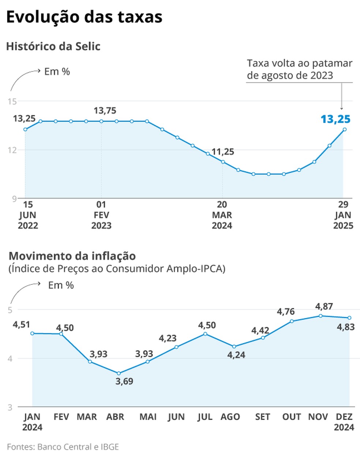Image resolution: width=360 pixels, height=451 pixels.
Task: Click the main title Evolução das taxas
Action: (x=84, y=17)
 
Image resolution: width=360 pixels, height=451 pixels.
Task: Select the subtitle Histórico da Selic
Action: (x=53, y=46)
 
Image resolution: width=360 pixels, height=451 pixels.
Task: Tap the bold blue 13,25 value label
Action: (x=335, y=119)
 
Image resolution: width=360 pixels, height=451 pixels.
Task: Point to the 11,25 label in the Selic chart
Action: (x=223, y=152)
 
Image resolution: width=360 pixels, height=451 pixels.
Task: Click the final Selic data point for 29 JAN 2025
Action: (x=344, y=129)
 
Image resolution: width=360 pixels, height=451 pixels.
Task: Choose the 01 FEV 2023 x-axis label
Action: (x=101, y=215)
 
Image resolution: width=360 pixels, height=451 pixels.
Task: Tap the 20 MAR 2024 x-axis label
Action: (x=222, y=215)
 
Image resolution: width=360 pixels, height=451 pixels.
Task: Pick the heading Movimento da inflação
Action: (x=72, y=256)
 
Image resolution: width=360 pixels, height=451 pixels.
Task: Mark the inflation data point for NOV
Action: (x=320, y=316)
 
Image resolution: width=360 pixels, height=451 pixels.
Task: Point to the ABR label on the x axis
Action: (x=115, y=417)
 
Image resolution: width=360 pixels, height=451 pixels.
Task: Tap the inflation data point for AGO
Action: (x=234, y=346)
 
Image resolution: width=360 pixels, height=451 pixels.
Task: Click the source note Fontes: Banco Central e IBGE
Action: (x=63, y=447)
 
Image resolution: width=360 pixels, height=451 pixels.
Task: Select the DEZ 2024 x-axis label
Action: (x=344, y=422)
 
